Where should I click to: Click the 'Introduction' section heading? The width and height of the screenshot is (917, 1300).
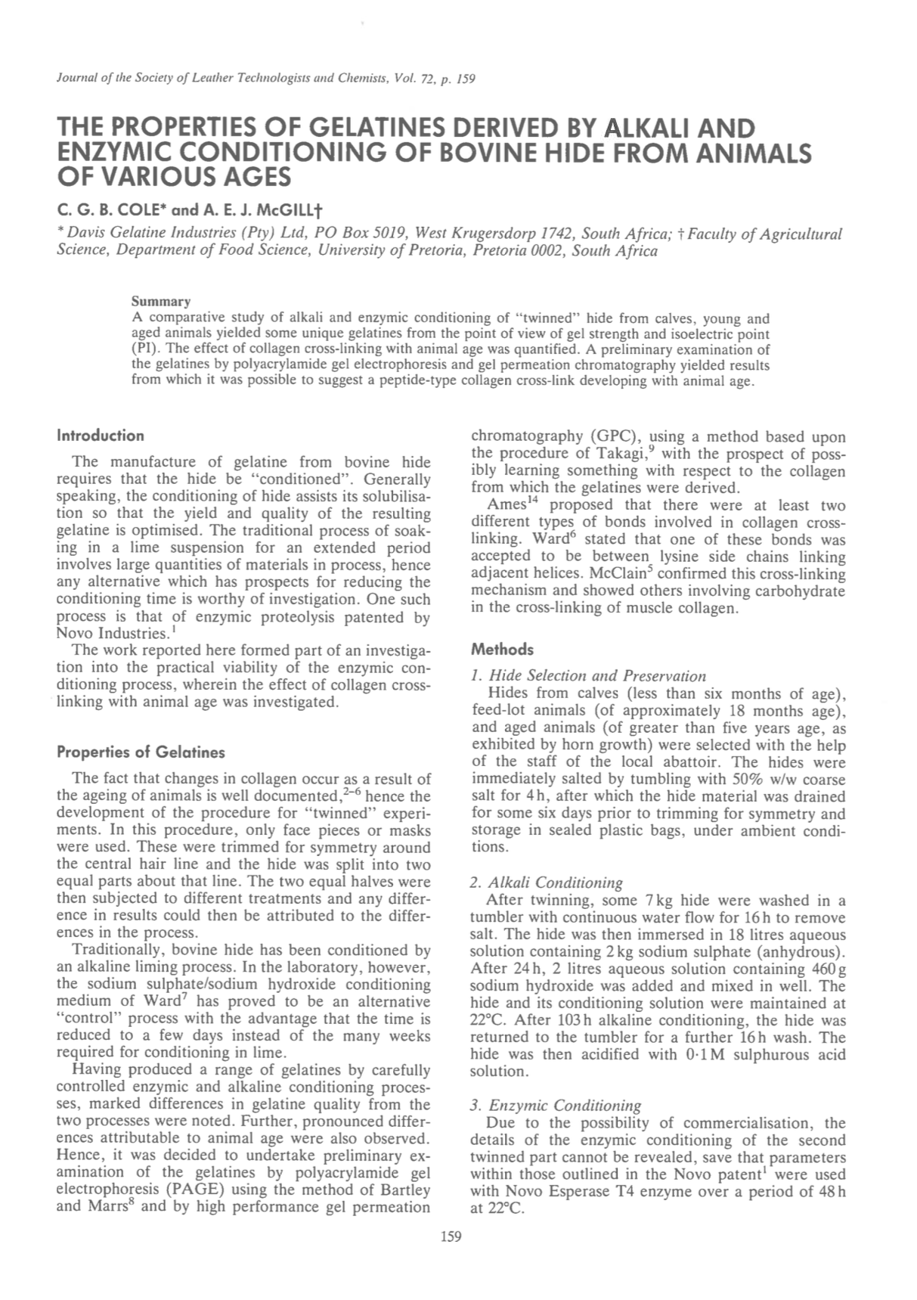coord(101,436)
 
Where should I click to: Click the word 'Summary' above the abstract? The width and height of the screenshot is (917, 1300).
coord(161,303)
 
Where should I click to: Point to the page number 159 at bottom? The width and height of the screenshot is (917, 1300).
coord(451,1237)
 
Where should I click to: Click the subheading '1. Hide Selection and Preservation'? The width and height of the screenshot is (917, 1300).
coord(588,676)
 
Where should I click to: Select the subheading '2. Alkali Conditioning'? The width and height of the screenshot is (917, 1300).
coord(546,883)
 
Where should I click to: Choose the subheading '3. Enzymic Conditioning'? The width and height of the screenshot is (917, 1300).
coord(555,1106)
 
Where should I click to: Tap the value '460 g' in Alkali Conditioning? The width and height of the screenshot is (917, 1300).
coord(827,969)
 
